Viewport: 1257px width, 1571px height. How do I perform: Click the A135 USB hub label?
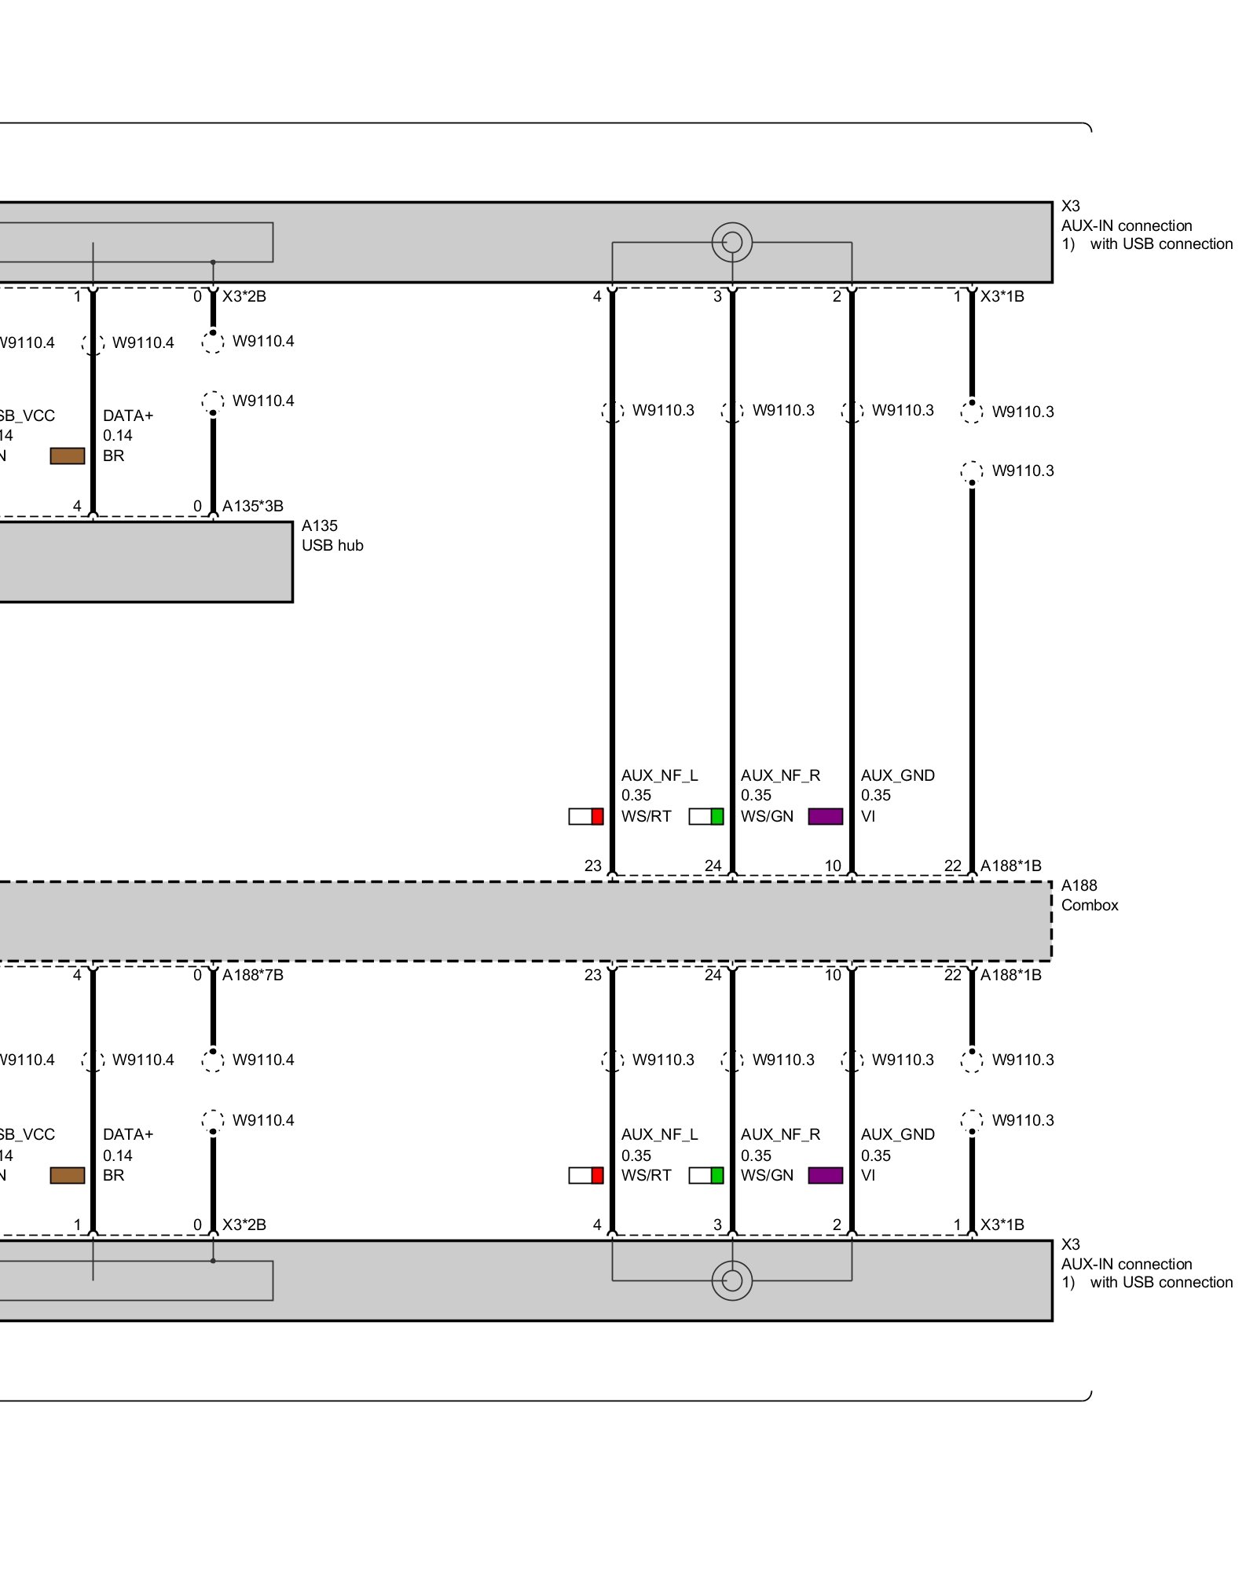point(332,536)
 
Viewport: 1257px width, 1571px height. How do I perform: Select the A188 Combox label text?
point(1089,895)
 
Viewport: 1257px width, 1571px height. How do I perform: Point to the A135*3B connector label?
point(252,506)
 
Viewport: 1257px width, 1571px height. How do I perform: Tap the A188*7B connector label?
point(252,975)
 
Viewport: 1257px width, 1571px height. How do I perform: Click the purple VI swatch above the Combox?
point(825,816)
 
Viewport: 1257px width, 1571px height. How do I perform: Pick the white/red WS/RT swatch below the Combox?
point(586,1175)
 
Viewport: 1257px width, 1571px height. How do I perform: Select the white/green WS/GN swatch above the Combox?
point(705,816)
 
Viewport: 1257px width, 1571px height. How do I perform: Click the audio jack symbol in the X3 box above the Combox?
point(731,242)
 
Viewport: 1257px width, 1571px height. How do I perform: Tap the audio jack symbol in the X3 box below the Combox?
point(731,1280)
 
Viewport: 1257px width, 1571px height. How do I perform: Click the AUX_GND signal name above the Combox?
point(897,775)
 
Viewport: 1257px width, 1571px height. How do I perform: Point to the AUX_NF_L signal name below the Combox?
point(659,1134)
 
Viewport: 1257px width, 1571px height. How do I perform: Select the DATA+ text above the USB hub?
point(128,416)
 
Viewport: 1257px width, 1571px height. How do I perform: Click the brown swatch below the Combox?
point(68,1175)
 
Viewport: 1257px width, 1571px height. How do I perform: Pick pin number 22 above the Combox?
point(952,866)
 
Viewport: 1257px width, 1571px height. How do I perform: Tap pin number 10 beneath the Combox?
point(833,975)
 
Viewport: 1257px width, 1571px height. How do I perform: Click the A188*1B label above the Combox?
point(1010,866)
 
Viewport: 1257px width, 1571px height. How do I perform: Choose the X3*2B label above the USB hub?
point(244,296)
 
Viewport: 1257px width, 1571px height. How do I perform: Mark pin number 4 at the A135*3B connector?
point(77,506)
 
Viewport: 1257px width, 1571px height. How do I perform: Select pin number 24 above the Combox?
point(713,866)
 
